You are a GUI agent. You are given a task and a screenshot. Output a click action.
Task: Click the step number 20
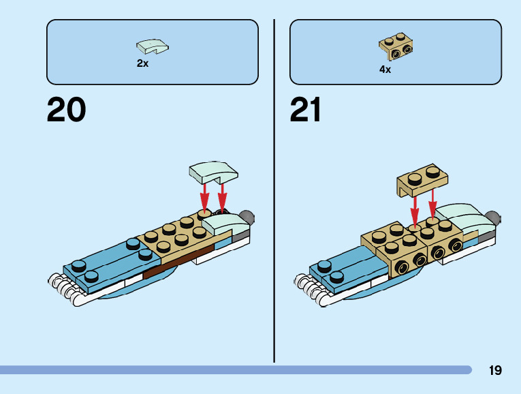tap(66, 110)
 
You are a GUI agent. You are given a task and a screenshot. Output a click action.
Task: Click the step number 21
tap(305, 110)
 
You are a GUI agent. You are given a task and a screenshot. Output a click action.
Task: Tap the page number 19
tap(495, 370)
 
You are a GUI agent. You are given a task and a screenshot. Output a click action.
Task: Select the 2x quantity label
tap(142, 63)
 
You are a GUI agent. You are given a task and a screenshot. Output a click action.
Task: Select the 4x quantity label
tap(385, 69)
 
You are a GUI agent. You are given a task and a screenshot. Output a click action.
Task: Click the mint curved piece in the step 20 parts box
tap(153, 46)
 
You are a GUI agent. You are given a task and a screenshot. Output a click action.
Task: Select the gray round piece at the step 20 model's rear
tap(248, 218)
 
